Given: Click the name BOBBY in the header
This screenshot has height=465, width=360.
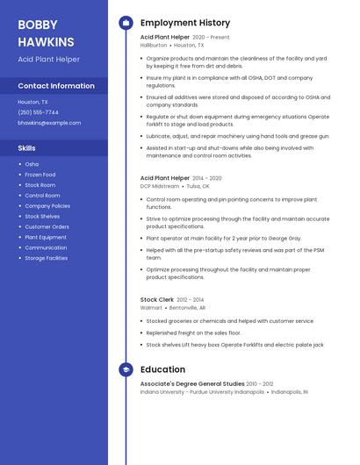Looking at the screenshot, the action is [x=37, y=25].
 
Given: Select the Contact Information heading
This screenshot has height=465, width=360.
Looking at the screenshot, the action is [x=56, y=86].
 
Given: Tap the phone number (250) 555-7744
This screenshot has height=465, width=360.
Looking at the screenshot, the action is [x=38, y=112].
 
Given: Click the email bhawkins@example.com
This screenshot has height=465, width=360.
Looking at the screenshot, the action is [x=49, y=123].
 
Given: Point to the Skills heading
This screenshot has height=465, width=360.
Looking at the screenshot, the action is [x=27, y=148].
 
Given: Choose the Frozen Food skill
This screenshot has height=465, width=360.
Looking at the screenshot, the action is [x=40, y=175].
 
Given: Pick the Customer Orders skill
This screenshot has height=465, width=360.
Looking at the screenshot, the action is [x=47, y=226].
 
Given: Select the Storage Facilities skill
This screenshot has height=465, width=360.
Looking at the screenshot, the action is [x=46, y=258].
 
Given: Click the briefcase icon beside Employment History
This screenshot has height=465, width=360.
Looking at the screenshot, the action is [x=126, y=23].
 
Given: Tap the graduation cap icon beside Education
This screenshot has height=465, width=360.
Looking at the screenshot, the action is [x=126, y=370].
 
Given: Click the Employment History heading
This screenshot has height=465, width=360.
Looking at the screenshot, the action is [x=185, y=23].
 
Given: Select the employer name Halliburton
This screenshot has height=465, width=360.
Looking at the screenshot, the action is [x=154, y=45].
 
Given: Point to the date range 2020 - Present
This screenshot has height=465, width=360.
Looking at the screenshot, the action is [x=211, y=38].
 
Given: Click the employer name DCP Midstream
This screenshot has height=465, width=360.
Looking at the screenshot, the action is [x=160, y=186].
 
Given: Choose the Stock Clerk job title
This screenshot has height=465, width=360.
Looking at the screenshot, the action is [x=156, y=300].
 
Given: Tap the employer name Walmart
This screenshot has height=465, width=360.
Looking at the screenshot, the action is [x=151, y=308].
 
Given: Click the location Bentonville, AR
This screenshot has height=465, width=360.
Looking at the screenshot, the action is [x=187, y=308].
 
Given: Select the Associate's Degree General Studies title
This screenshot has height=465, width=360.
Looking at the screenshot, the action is [x=192, y=383].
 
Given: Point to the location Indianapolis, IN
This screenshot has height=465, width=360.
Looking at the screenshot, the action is [x=289, y=392].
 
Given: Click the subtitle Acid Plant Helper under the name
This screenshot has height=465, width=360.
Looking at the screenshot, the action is [x=48, y=60].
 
